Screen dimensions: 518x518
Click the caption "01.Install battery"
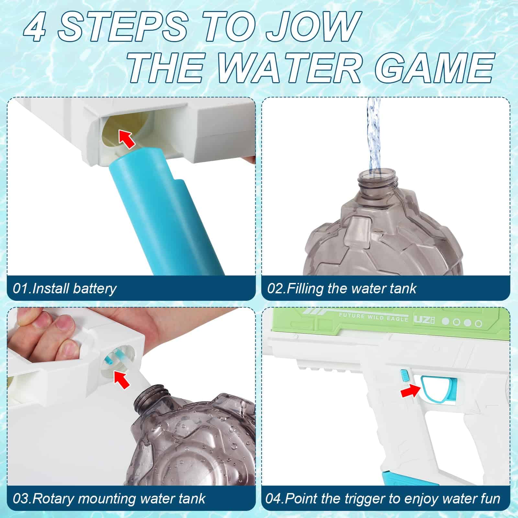pyautogui.click(x=65, y=288)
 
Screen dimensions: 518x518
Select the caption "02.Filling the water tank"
pyautogui.click(x=342, y=288)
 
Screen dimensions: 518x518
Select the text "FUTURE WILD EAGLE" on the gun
pyautogui.click(x=373, y=317)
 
